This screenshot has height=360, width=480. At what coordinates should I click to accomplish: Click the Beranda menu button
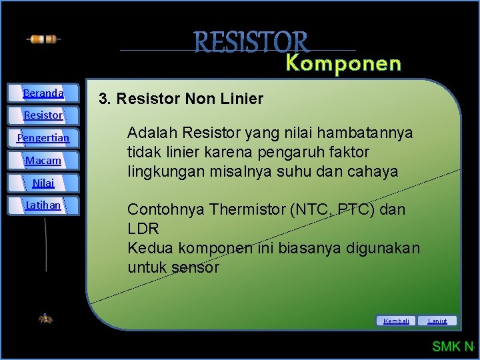(x=43, y=93)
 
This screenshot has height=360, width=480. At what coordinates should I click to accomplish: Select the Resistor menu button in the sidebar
(x=43, y=115)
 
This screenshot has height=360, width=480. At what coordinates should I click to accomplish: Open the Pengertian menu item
(x=43, y=138)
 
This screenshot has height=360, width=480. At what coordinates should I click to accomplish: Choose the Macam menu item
(x=43, y=161)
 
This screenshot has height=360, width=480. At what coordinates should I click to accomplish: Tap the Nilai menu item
(x=43, y=183)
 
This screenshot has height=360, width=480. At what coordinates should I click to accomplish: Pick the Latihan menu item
(x=43, y=205)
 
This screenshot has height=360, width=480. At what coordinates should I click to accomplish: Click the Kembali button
(x=397, y=321)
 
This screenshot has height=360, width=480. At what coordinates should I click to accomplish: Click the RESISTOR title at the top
(x=252, y=42)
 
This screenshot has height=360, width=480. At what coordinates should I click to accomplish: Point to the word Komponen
(x=343, y=64)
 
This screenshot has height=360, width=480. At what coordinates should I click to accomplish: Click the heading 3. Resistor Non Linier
(x=181, y=99)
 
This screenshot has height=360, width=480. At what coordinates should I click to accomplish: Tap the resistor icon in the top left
(x=43, y=39)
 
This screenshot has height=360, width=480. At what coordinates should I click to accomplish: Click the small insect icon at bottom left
(x=45, y=319)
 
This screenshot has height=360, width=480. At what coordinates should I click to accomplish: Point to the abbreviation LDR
(x=143, y=229)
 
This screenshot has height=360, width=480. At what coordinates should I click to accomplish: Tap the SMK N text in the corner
(x=452, y=346)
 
